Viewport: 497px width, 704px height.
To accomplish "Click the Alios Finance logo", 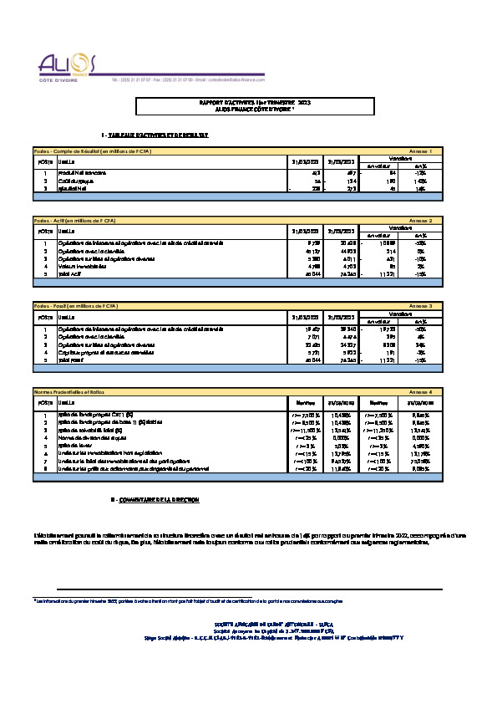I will pos(68,66).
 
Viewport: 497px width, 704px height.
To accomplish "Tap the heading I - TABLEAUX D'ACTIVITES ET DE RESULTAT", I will pos(155,135).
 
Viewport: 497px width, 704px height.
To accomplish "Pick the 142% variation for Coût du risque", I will pos(444,179).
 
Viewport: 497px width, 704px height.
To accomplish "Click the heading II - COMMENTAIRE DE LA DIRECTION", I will pos(155,499).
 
